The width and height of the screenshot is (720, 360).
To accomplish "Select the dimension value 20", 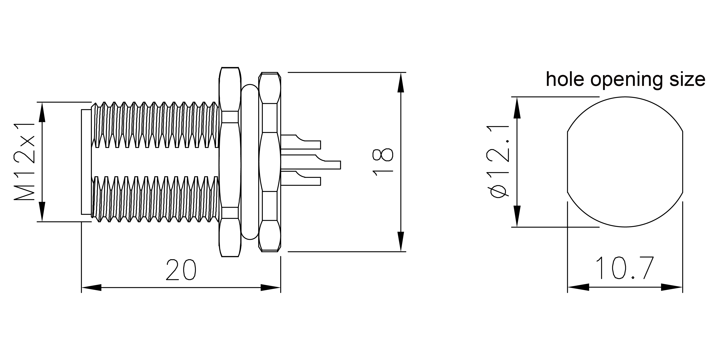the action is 181,270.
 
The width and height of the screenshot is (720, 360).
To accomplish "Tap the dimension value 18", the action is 383,162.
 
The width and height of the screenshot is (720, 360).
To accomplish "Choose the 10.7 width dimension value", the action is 625,268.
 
